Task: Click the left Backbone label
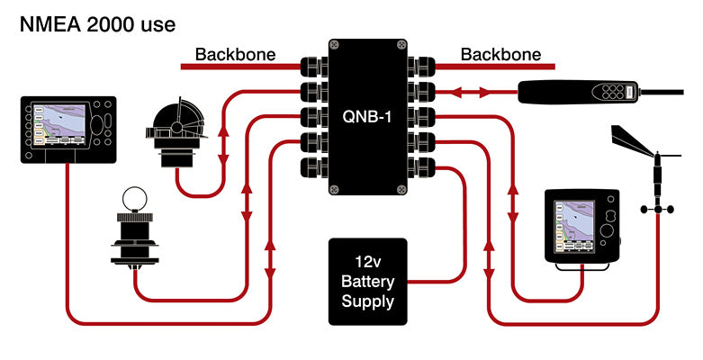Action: (235, 54)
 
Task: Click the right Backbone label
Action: (500, 54)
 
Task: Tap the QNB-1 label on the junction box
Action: (367, 115)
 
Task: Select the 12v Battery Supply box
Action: (367, 281)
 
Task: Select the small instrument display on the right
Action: (583, 225)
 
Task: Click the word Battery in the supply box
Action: (367, 281)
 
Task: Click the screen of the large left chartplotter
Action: (61, 125)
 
